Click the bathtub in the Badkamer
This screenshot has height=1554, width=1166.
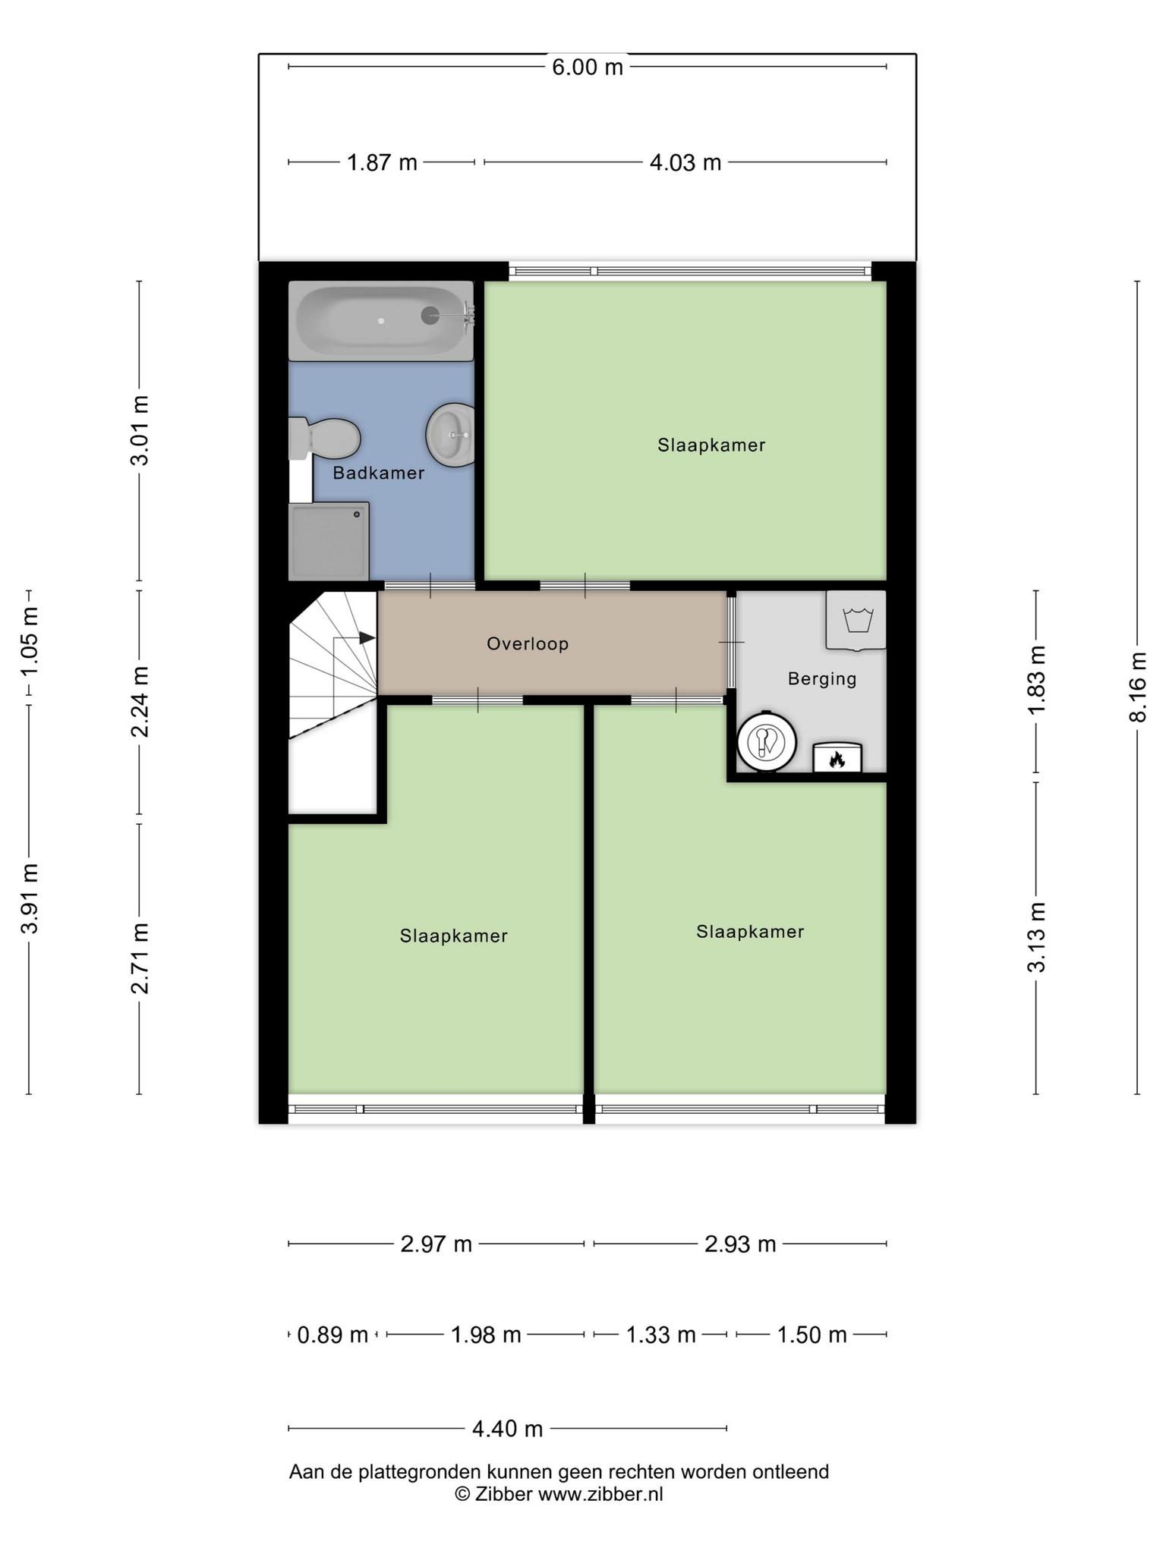pyautogui.click(x=381, y=320)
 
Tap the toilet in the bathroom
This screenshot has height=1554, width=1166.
pyautogui.click(x=324, y=438)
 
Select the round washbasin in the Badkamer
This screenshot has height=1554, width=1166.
pyautogui.click(x=451, y=435)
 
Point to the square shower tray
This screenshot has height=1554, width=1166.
pyautogui.click(x=329, y=541)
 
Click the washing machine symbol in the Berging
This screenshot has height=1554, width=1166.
pyautogui.click(x=856, y=620)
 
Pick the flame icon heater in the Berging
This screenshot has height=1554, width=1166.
pyautogui.click(x=837, y=758)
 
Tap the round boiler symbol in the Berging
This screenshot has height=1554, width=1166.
pyautogui.click(x=767, y=741)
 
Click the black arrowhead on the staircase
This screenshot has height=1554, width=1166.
pyautogui.click(x=367, y=638)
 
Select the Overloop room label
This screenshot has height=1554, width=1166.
pyautogui.click(x=528, y=643)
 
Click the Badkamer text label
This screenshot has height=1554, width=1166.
pyautogui.click(x=379, y=473)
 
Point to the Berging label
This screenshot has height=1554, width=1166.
pyautogui.click(x=822, y=678)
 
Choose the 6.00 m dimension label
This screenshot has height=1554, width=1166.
pyautogui.click(x=588, y=68)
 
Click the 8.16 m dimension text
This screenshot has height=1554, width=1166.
pyautogui.click(x=1137, y=687)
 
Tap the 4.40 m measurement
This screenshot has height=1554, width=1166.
pyautogui.click(x=508, y=1429)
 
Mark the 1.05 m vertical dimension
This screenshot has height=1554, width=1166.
pyautogui.click(x=29, y=643)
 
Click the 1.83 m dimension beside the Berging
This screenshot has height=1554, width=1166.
pyautogui.click(x=1037, y=679)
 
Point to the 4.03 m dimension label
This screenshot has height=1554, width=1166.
pyautogui.click(x=685, y=162)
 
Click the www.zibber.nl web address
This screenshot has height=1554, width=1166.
pyautogui.click(x=600, y=1494)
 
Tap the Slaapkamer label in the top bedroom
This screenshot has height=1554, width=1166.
pyautogui.click(x=711, y=445)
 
